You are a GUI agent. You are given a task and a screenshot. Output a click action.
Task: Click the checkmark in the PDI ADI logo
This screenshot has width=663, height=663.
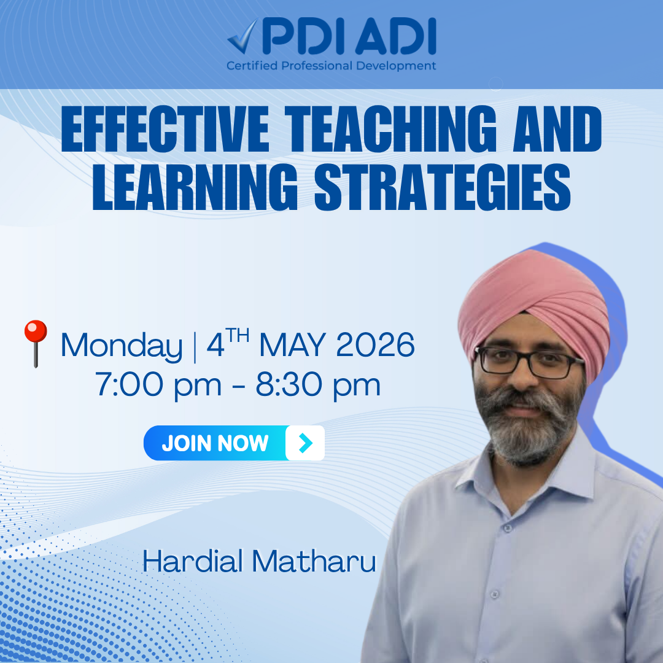(243, 37)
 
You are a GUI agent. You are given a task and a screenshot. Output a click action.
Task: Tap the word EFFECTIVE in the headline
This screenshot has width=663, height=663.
(165, 129)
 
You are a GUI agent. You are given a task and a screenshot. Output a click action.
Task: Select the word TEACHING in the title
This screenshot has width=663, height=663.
(390, 129)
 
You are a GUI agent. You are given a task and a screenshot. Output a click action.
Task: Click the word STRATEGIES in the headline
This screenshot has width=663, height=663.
(442, 187)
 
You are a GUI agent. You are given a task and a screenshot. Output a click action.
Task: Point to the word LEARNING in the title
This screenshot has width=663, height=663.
(195, 187)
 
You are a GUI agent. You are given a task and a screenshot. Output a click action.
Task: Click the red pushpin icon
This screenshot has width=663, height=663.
(36, 343)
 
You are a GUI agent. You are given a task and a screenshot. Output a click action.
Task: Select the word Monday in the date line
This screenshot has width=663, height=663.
(122, 346)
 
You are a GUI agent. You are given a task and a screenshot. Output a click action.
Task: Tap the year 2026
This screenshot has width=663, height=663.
(376, 344)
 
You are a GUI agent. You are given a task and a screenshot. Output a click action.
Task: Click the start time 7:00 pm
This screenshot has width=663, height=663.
(158, 385)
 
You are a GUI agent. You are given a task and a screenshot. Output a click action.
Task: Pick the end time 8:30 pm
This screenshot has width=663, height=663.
(319, 385)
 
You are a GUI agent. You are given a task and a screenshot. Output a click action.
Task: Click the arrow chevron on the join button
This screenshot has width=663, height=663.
(305, 443)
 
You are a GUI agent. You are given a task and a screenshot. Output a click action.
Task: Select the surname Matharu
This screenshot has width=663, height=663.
(314, 562)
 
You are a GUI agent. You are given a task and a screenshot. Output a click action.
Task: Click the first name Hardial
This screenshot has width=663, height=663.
(193, 562)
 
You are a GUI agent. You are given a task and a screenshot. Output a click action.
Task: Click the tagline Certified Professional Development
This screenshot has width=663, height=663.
(331, 66)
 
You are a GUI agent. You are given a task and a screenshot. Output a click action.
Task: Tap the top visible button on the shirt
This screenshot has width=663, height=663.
(508, 528)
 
